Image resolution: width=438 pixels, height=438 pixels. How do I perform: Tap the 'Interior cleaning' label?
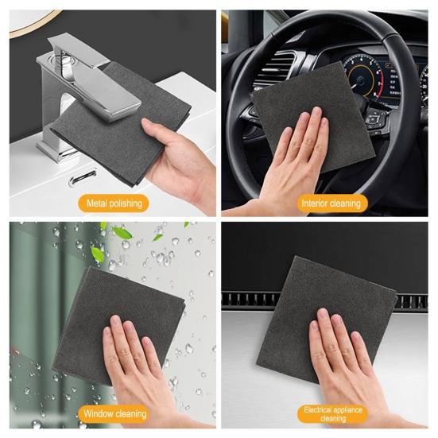pyautogui.click(x=330, y=203)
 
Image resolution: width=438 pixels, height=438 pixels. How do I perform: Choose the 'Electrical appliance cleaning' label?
pyautogui.click(x=333, y=413)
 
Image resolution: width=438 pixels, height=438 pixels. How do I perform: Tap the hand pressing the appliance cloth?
pyautogui.click(x=342, y=358)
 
